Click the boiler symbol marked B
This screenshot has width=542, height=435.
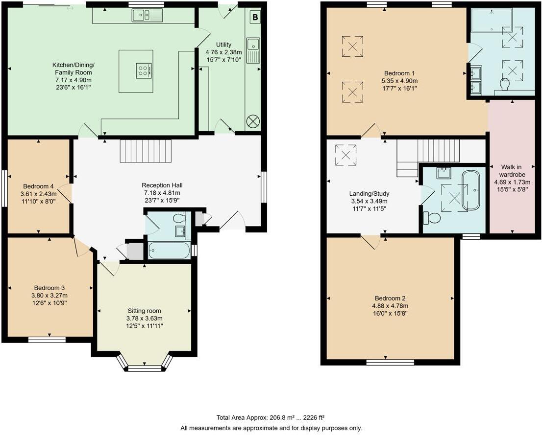pyautogui.click(x=255, y=17)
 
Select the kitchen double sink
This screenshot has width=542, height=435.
pyautogui.click(x=147, y=15)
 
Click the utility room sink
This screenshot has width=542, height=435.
pyautogui.click(x=253, y=50)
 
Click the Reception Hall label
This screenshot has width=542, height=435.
pyautogui.click(x=162, y=185)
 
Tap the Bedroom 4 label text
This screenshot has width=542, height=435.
pyautogui.click(x=38, y=186)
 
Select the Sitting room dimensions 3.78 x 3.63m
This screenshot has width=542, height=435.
pyautogui.click(x=145, y=319)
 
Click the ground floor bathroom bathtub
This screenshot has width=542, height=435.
pyautogui.click(x=169, y=251)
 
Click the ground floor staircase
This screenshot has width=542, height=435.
pyautogui.click(x=146, y=151)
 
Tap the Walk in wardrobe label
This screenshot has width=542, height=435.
pyautogui.click(x=512, y=171)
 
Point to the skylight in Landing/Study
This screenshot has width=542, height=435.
pyautogui.click(x=346, y=155)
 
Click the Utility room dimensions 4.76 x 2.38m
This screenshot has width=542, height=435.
pyautogui.click(x=223, y=52)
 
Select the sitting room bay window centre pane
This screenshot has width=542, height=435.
pyautogui.click(x=145, y=368)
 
